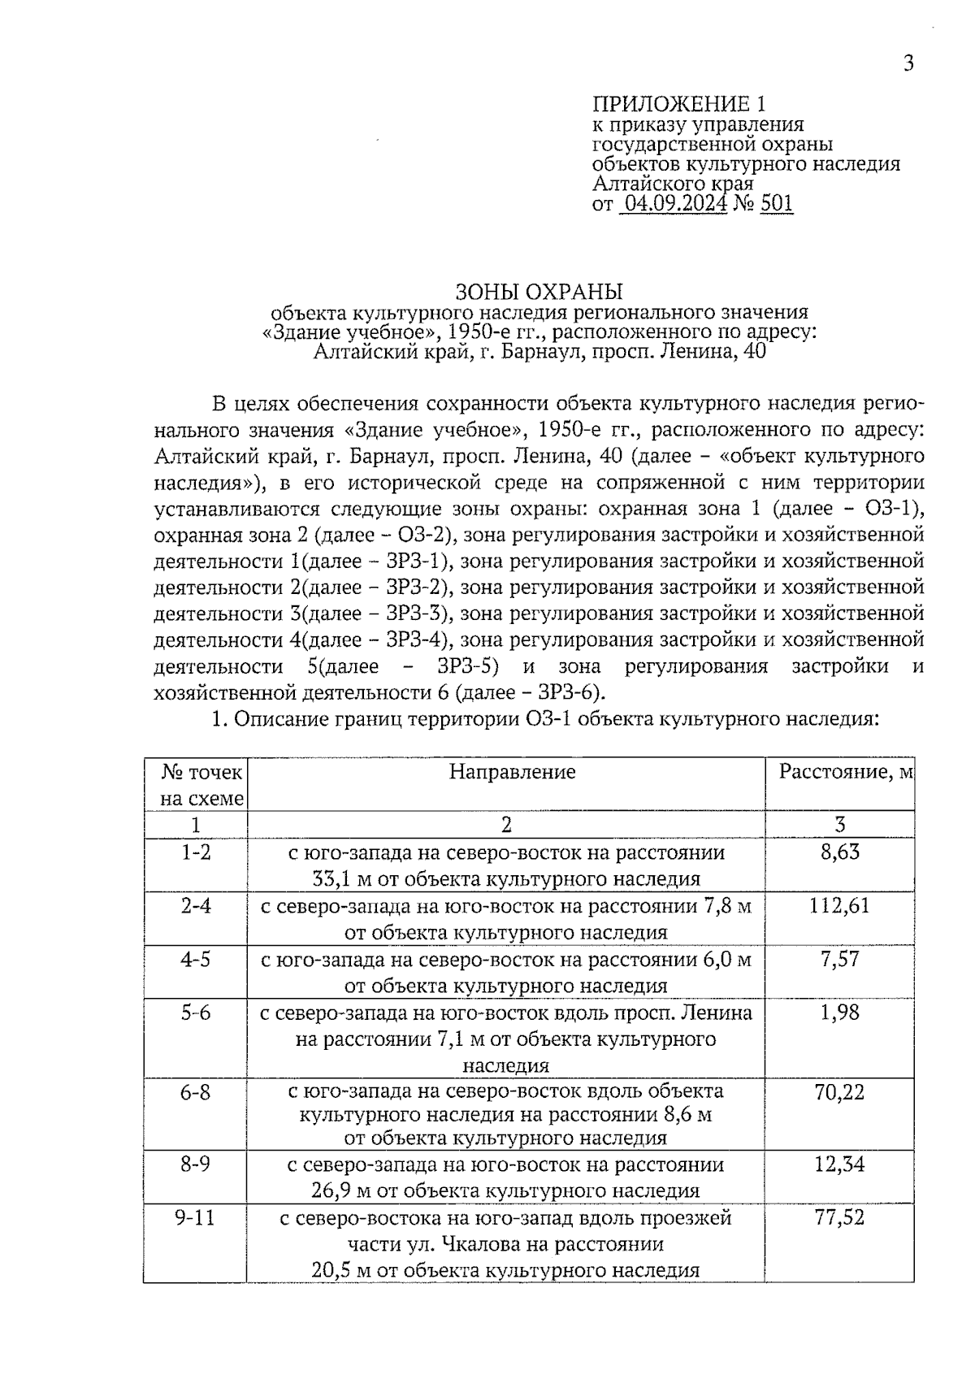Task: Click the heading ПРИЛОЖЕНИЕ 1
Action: pyautogui.click(x=678, y=104)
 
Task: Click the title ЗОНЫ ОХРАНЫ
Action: pyautogui.click(x=538, y=291)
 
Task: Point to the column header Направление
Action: pyautogui.click(x=512, y=771)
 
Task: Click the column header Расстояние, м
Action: pyautogui.click(x=846, y=771)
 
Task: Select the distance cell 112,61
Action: pyautogui.click(x=839, y=905)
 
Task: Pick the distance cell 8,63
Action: pyautogui.click(x=839, y=852)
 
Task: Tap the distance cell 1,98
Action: pyautogui.click(x=839, y=1013)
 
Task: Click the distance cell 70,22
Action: pyautogui.click(x=839, y=1091)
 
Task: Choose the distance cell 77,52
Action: pyautogui.click(x=839, y=1217)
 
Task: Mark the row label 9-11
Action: pyautogui.click(x=195, y=1217)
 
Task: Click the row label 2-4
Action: pyautogui.click(x=195, y=905)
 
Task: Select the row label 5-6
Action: pyautogui.click(x=195, y=1013)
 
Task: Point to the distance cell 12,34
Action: pyautogui.click(x=839, y=1164)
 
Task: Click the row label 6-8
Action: pyautogui.click(x=195, y=1091)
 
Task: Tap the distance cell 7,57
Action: pyautogui.click(x=839, y=959)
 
